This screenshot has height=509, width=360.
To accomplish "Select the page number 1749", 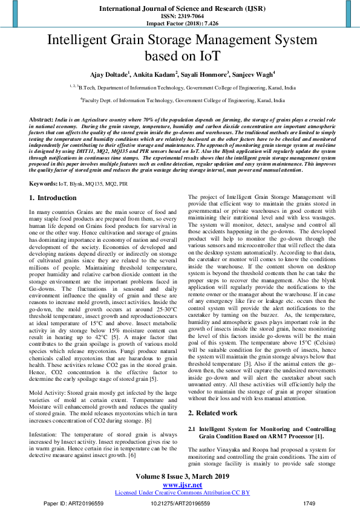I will coord(309,502).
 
